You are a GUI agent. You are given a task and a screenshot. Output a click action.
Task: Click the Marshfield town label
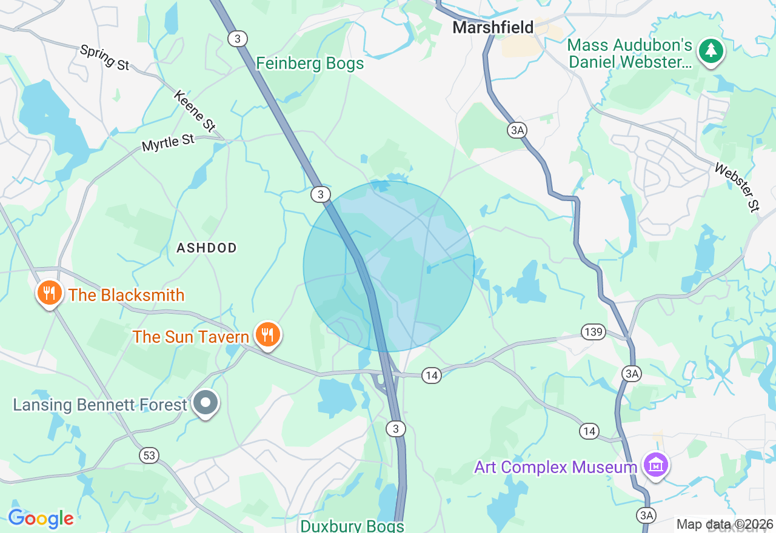pyautogui.click(x=493, y=27)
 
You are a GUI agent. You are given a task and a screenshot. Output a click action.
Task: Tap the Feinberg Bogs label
pyautogui.click(x=310, y=64)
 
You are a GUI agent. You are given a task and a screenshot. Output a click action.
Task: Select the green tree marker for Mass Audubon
pyautogui.click(x=711, y=51)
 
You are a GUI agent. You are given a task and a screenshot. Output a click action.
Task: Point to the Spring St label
pyautogui.click(x=104, y=57)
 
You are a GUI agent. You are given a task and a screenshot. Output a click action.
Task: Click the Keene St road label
pyautogui.click(x=195, y=111)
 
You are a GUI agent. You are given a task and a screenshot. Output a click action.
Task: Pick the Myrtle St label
pyautogui.click(x=168, y=143)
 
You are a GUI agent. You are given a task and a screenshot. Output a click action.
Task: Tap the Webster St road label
pyautogui.click(x=737, y=187)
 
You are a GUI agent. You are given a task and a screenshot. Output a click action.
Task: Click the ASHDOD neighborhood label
pyautogui.click(x=206, y=248)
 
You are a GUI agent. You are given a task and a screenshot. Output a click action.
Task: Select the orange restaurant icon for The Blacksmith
pyautogui.click(x=49, y=294)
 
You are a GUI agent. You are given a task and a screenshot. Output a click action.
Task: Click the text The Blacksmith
pyautogui.click(x=126, y=296)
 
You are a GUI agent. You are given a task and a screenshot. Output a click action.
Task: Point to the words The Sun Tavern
pyautogui.click(x=191, y=337)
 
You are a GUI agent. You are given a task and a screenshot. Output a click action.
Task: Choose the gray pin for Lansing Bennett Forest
pyautogui.click(x=206, y=403)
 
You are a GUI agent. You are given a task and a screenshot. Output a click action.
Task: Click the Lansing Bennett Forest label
pyautogui.click(x=100, y=405)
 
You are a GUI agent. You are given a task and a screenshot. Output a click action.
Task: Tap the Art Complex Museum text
pyautogui.click(x=555, y=467)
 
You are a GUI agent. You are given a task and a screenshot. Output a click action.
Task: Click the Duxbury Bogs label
pyautogui.click(x=352, y=525)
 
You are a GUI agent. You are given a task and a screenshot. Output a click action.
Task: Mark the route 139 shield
pyautogui.click(x=594, y=331)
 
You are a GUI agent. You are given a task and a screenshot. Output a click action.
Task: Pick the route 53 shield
pyautogui.click(x=149, y=455)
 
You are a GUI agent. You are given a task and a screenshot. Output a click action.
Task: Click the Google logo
pyautogui.click(x=41, y=519)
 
